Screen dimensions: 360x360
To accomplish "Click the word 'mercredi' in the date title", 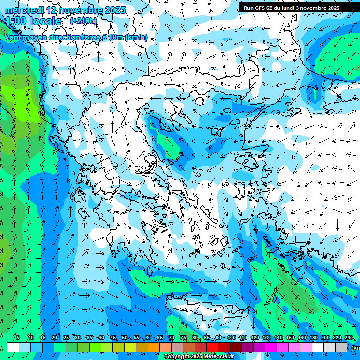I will [23, 10].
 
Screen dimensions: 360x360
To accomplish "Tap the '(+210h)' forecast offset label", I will [83, 21].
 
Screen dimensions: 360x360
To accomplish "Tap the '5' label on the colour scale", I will [18, 338].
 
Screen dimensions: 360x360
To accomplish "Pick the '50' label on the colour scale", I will [125, 338].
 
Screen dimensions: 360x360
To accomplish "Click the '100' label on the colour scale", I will [231, 338].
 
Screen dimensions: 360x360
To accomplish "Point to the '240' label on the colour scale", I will [348, 338].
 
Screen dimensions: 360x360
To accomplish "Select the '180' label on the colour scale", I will [313, 338].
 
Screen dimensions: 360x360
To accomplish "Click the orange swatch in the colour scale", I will [154, 347].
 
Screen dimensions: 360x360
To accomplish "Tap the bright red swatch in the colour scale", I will [212, 347].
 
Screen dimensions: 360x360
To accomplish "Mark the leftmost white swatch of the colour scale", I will [13, 347].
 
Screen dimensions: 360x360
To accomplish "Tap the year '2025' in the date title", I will [115, 10].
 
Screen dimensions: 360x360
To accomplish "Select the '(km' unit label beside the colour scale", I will [355, 348].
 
